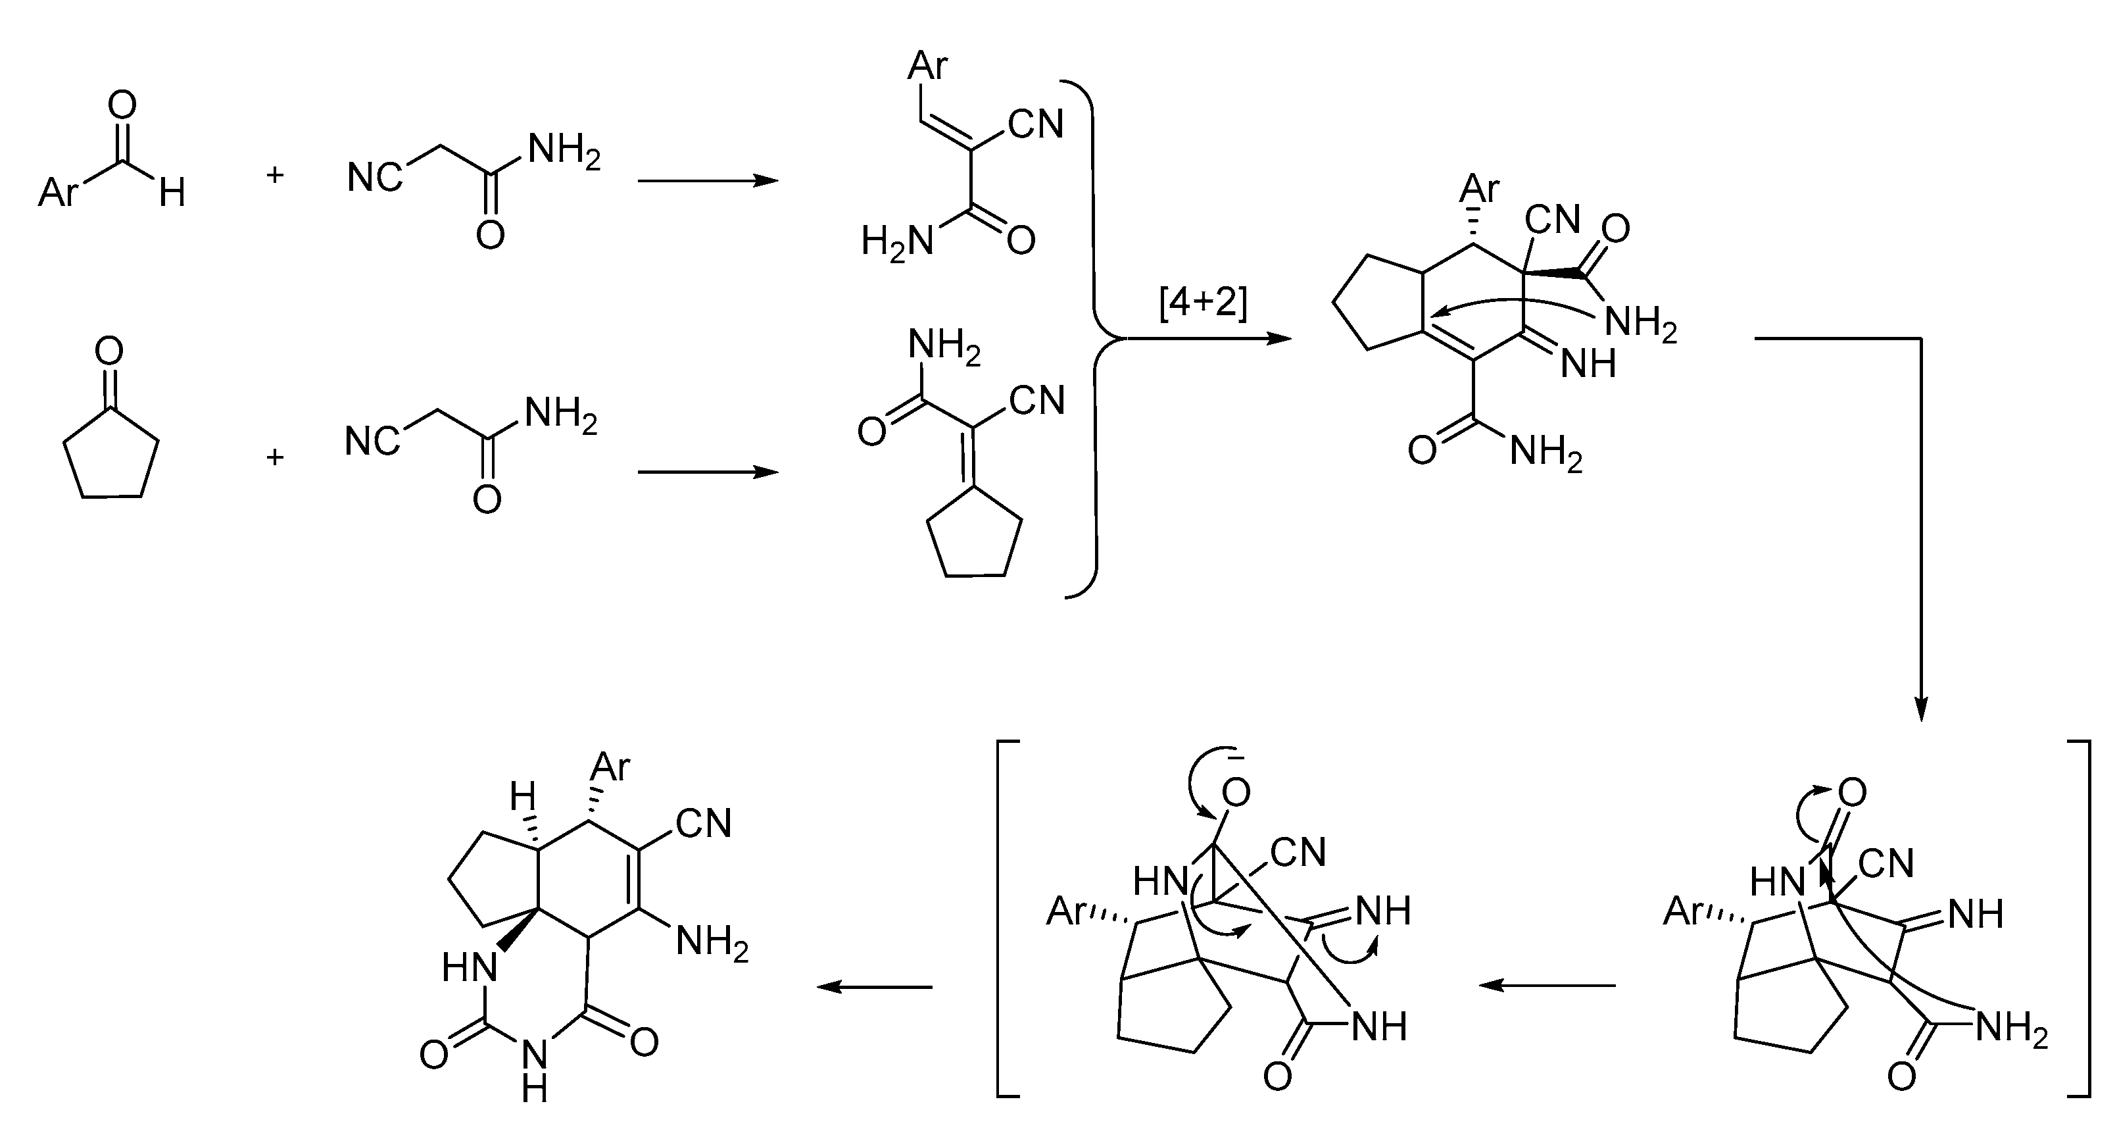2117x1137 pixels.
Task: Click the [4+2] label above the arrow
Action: (x=1202, y=304)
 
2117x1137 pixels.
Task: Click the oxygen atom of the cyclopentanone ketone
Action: (x=109, y=351)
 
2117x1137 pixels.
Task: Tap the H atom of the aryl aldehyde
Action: (x=172, y=195)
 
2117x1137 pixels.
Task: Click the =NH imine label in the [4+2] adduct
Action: (x=1588, y=363)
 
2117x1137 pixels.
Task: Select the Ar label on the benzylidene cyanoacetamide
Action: (x=928, y=66)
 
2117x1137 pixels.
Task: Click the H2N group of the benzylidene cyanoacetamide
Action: (x=898, y=241)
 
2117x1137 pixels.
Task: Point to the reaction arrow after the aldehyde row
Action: (x=707, y=181)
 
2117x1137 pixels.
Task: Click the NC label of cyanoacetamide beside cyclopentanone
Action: (x=372, y=442)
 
